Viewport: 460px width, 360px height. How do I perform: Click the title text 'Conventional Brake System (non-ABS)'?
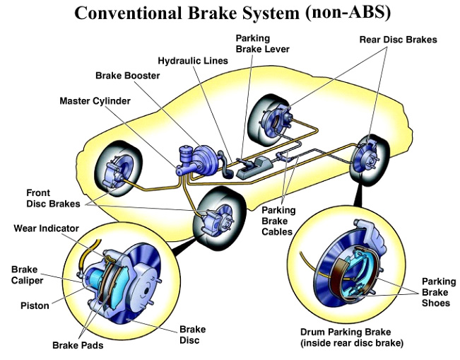[230, 13]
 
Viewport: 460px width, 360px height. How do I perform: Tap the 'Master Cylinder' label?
[95, 101]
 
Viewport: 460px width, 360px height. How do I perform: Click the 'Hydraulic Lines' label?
[193, 61]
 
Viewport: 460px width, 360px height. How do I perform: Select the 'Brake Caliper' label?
[28, 275]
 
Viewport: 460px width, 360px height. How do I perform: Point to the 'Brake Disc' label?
[192, 335]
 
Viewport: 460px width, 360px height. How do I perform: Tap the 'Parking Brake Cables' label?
[279, 219]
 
